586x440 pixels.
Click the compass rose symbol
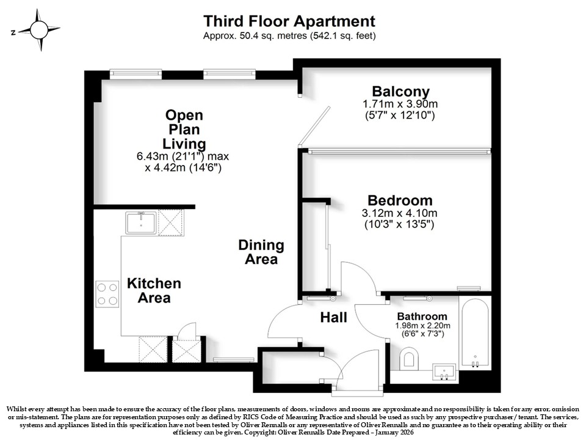39,30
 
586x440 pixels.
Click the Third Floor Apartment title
289,21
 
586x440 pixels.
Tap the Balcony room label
400,91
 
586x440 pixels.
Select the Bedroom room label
400,200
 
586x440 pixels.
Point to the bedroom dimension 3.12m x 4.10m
399,213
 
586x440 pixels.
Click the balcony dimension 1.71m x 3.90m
400,104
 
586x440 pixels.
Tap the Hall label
334,317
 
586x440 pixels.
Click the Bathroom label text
422,317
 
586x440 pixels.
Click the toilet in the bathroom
408,358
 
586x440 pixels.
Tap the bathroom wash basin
444,372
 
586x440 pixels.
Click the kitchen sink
141,222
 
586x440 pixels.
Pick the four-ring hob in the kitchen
107,294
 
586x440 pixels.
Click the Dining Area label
261,252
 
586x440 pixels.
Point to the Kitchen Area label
154,290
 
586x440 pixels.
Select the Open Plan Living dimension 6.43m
152,156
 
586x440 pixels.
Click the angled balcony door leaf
314,127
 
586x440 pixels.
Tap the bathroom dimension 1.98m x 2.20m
422,326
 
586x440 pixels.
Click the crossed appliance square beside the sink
171,222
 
